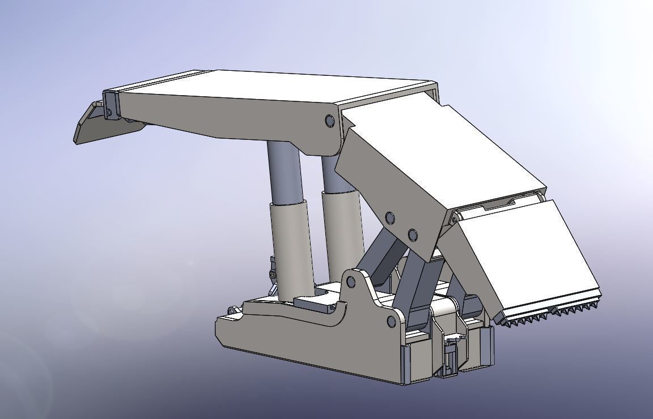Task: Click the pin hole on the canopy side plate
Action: click(x=330, y=120)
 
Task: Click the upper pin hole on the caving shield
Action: click(x=389, y=217)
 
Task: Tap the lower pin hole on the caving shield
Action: click(x=412, y=234)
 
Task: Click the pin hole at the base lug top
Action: click(x=351, y=281)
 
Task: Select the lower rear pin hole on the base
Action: click(x=392, y=322)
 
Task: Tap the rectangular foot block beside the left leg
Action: click(x=315, y=300)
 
